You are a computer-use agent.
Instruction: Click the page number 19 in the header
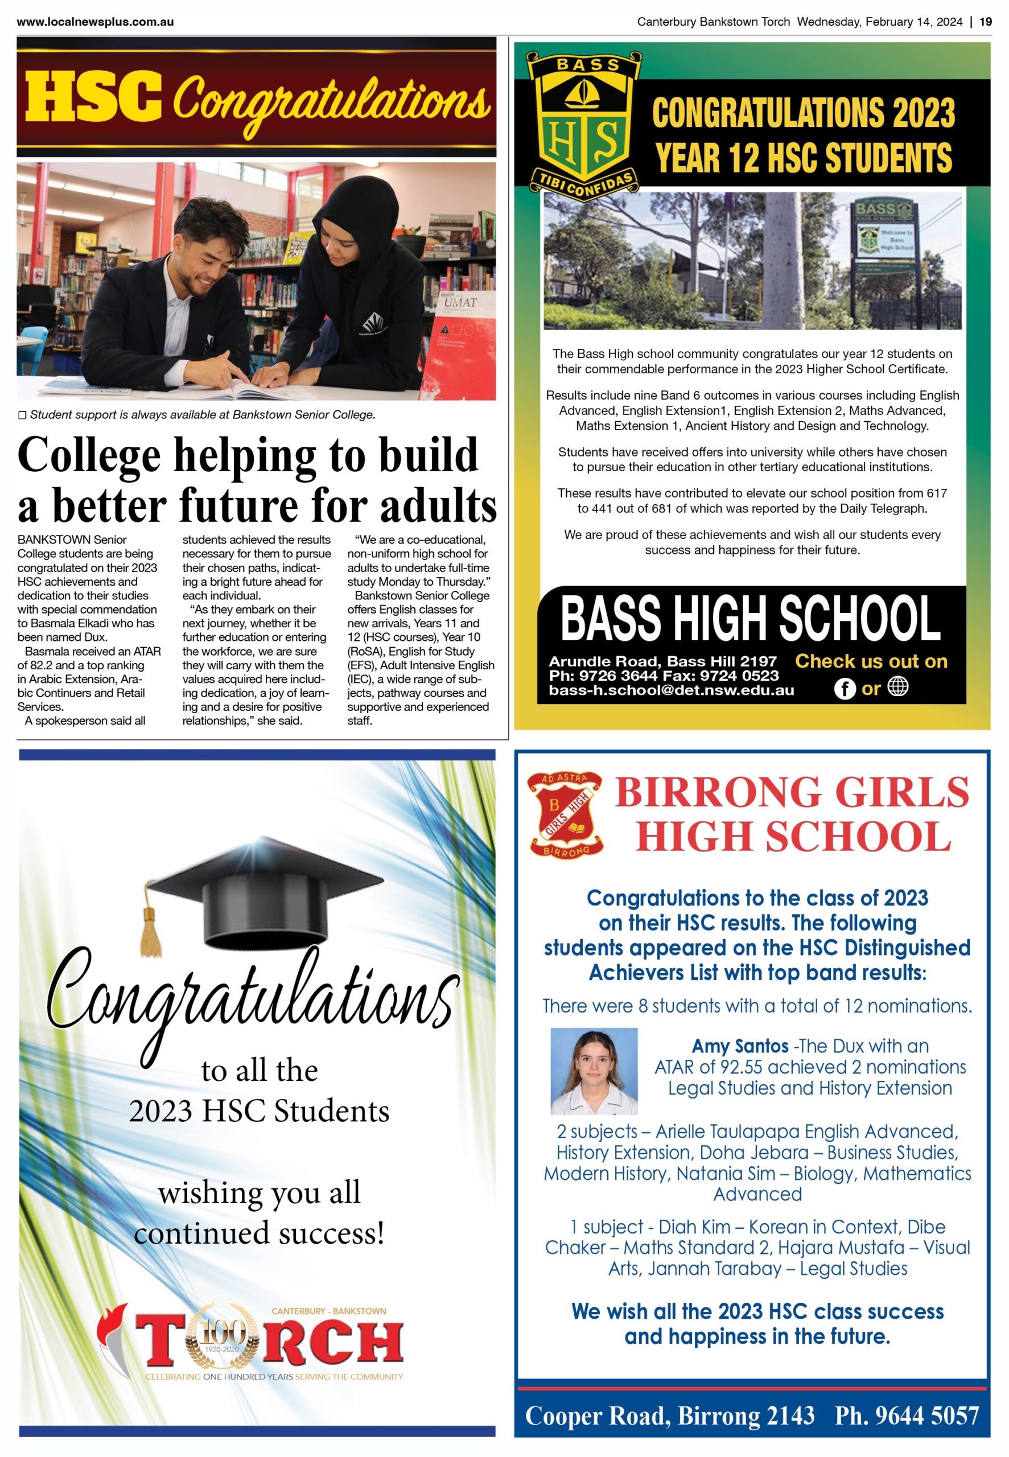[985, 22]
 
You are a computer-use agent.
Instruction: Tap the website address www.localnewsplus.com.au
[95, 22]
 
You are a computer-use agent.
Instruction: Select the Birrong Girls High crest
[566, 815]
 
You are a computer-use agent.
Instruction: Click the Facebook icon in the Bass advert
[845, 688]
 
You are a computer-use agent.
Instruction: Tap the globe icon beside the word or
[899, 686]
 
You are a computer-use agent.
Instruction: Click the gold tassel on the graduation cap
[150, 929]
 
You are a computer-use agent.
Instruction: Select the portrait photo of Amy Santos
[594, 1071]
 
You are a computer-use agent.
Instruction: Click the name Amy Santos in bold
[740, 1047]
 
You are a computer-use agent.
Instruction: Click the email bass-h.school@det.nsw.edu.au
[671, 690]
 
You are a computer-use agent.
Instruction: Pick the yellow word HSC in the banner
[93, 98]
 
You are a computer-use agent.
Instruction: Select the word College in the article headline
[89, 455]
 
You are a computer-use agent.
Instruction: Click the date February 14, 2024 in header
[913, 22]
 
